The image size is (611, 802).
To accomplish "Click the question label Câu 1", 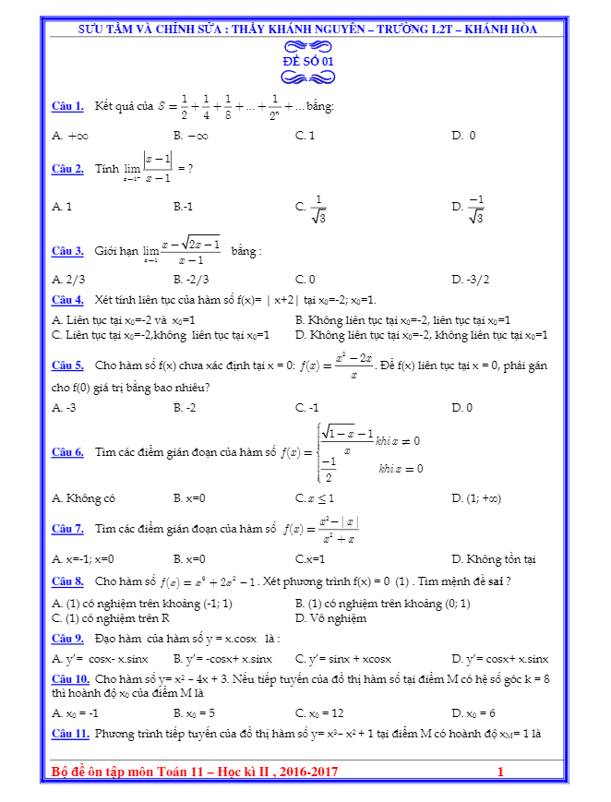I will [x=67, y=106].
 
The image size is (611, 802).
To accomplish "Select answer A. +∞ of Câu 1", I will [x=70, y=136].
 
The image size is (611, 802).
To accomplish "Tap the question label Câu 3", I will [x=67, y=251].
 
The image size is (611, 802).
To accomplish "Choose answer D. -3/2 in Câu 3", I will [x=471, y=279].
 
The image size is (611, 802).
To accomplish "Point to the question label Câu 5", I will [x=67, y=365].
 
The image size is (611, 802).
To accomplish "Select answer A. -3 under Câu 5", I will [x=64, y=407].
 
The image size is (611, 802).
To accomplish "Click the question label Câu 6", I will [x=67, y=452].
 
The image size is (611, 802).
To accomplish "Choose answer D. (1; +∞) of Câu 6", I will [x=476, y=498].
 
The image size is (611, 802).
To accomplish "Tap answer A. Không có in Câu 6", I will [x=84, y=498].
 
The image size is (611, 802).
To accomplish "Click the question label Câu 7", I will [x=67, y=529].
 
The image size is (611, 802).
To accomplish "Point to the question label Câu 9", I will [x=67, y=638].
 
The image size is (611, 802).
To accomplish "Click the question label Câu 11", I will [x=70, y=734].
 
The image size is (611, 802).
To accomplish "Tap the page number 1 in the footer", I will [x=500, y=772].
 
